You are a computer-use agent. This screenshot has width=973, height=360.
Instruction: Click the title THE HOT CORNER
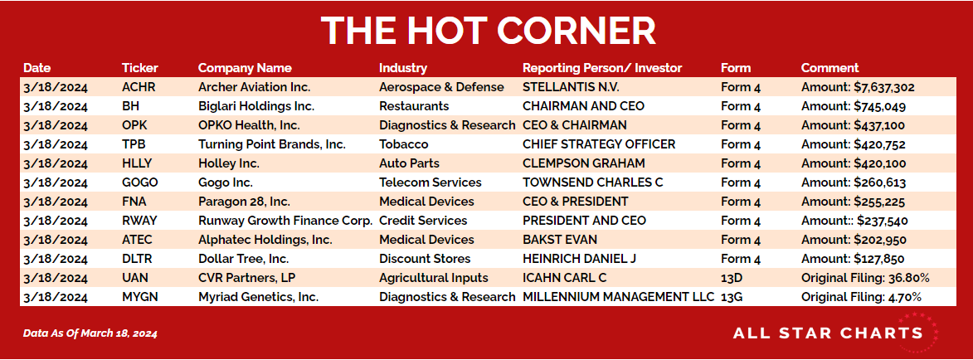coord(488,30)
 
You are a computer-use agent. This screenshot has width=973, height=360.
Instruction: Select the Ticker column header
coord(140,68)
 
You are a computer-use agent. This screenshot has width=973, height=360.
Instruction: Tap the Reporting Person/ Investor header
coord(602,68)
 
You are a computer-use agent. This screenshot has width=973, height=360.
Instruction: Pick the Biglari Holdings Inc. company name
coord(256,107)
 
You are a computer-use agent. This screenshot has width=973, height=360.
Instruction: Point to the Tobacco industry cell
coord(403,144)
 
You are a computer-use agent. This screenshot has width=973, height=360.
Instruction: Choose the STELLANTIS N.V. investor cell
coord(571,88)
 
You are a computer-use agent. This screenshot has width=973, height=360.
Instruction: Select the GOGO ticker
coord(140,182)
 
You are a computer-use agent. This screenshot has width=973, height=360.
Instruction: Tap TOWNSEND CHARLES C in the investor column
coord(592,182)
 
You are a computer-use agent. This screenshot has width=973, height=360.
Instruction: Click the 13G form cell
coord(732,297)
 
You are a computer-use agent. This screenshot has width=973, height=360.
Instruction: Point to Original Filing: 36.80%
coord(865,277)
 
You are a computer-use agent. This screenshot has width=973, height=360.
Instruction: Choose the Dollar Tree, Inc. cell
coord(243,259)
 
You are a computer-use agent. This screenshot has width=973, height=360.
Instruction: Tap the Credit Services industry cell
coord(423,221)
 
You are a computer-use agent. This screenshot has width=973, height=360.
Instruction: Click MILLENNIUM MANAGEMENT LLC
coord(618,297)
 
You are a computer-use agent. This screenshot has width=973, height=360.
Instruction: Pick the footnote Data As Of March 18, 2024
coord(90,333)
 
